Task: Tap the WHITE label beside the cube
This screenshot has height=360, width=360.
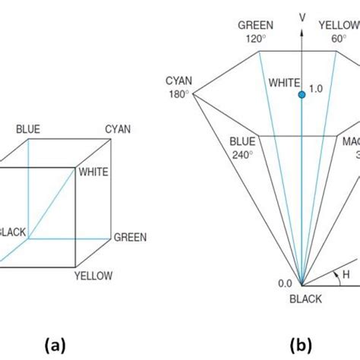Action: point(94,172)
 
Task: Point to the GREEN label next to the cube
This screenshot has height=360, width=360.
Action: point(130,238)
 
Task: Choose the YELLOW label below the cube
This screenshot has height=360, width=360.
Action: point(93,275)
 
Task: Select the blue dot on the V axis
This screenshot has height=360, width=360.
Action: point(302,94)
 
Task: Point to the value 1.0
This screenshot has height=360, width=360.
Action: point(315,89)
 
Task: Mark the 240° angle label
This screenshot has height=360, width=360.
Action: point(245,153)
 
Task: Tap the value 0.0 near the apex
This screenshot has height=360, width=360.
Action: point(285,283)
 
